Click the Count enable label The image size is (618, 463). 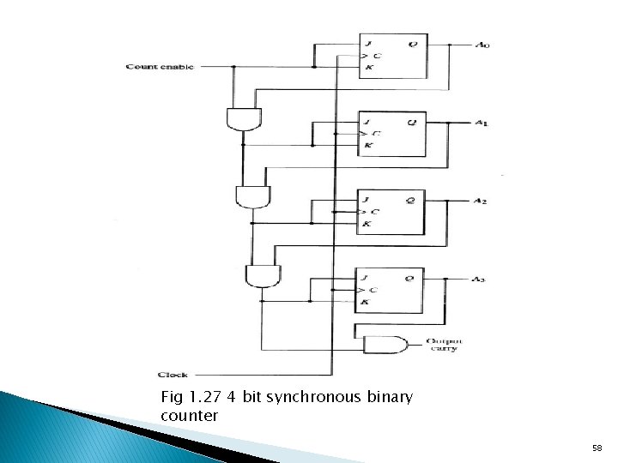[x=160, y=67]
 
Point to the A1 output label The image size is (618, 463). [x=482, y=123]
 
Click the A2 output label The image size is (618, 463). [x=481, y=201]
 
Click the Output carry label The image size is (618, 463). [x=441, y=345]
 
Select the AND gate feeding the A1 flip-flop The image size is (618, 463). [x=243, y=118]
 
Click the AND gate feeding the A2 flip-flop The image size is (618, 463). [x=251, y=197]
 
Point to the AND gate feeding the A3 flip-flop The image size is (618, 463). [x=260, y=275]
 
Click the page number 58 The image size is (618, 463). [x=597, y=448]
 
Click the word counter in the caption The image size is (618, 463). [x=190, y=416]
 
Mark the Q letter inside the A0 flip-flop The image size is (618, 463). [x=413, y=44]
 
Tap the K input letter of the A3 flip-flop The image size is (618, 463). [x=365, y=303]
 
